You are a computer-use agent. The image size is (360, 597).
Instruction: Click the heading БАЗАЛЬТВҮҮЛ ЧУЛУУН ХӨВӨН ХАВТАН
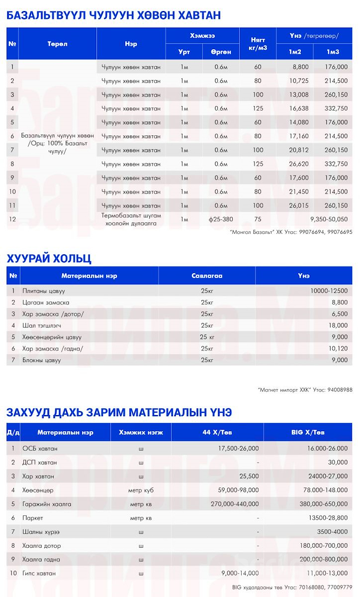[x=113, y=15]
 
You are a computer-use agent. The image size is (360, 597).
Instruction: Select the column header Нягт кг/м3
[x=258, y=44]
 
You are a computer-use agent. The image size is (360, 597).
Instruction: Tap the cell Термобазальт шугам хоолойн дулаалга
[x=131, y=219]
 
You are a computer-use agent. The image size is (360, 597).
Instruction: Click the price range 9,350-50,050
[x=329, y=219]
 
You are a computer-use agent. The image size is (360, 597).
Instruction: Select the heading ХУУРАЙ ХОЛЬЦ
[x=49, y=259]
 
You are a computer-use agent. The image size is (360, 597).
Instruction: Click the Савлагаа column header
[x=207, y=275]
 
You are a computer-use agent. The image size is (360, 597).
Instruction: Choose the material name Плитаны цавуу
[x=44, y=291]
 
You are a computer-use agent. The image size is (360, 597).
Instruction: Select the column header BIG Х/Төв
[x=307, y=432]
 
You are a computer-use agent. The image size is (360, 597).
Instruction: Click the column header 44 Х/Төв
[x=217, y=432]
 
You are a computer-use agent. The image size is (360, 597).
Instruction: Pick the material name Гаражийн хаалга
[x=46, y=504]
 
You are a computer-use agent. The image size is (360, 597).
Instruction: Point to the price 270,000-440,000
[x=231, y=504]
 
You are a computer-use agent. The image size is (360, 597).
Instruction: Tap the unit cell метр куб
[x=141, y=490]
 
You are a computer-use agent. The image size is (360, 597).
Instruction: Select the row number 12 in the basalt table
[x=13, y=219]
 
